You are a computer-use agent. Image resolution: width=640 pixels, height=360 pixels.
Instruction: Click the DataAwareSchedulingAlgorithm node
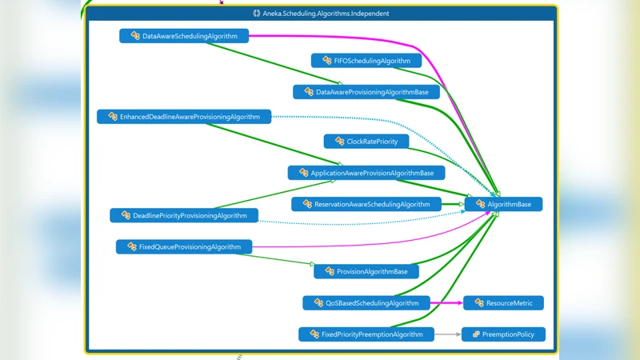[x=184, y=36]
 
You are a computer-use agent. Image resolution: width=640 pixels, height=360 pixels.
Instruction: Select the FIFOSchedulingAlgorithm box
[x=366, y=61]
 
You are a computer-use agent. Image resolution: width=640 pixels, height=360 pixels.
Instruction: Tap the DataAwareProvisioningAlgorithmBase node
[x=366, y=93]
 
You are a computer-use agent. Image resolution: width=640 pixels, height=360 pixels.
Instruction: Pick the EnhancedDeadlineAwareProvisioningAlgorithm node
[x=184, y=117]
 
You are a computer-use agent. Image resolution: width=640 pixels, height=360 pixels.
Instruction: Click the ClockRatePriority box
[x=366, y=142]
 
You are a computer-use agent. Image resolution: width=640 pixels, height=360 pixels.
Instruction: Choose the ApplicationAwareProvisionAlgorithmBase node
[x=366, y=173]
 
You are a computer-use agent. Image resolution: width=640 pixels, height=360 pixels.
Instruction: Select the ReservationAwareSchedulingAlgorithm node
[x=366, y=205]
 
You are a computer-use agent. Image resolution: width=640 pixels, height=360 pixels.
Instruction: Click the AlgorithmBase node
[x=503, y=205]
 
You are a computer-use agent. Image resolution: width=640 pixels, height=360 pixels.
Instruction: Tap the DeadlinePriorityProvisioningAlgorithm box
[x=184, y=216]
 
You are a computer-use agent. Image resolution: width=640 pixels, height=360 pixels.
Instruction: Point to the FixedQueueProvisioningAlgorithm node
[x=184, y=247]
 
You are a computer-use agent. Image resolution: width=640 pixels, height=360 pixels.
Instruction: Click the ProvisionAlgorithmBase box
[x=366, y=272]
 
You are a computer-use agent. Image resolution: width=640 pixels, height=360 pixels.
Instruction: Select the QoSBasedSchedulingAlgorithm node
[x=366, y=303]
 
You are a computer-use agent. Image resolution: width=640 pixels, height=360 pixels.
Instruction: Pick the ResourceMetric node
[x=503, y=303]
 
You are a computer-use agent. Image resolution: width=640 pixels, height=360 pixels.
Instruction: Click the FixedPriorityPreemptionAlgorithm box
[x=366, y=334]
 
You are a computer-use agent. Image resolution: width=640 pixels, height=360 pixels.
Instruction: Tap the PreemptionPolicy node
[x=503, y=334]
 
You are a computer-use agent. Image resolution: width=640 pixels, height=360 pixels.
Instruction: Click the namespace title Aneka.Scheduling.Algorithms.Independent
[x=320, y=14]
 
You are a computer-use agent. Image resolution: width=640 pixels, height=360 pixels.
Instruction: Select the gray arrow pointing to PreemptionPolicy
[x=448, y=334]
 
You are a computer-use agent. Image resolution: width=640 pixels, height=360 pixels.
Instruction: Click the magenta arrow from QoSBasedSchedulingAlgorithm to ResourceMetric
[x=446, y=303]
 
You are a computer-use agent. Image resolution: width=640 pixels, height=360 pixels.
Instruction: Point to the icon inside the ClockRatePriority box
[x=337, y=142]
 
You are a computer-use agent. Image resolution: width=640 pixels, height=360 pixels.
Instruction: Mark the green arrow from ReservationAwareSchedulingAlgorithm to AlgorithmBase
[x=452, y=205]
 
